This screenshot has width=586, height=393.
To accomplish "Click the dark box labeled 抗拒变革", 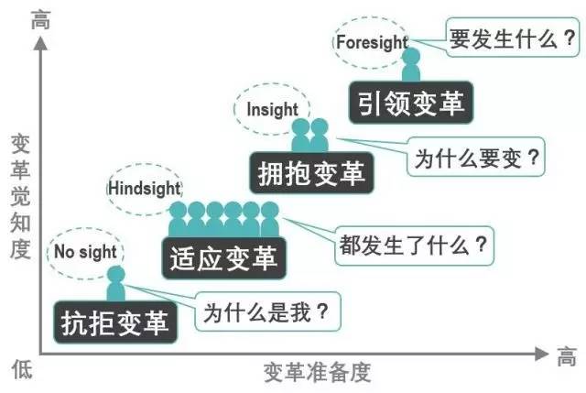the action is click(115, 322).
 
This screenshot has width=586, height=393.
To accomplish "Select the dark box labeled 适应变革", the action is click(224, 258).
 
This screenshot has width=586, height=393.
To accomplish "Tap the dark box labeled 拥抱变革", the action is click(311, 173).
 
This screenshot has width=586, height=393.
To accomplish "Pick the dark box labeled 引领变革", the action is click(411, 103).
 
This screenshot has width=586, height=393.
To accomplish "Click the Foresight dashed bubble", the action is click(371, 42).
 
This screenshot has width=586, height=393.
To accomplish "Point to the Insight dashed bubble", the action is click(272, 109).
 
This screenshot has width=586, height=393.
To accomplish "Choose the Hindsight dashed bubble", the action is click(145, 189).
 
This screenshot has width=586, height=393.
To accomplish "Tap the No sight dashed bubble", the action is click(85, 253).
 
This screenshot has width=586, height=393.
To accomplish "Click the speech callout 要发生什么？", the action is click(513, 38).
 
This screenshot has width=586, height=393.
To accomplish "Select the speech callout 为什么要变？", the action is click(476, 157).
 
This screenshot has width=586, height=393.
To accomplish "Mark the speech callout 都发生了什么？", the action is click(415, 246).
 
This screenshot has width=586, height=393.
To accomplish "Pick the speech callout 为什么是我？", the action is click(267, 311).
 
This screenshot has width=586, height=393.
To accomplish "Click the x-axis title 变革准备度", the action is click(318, 373).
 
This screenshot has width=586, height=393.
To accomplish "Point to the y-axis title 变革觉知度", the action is click(20, 196).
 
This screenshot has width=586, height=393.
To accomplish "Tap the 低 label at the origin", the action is click(22, 369).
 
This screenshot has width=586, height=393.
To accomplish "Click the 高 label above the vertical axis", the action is click(40, 20).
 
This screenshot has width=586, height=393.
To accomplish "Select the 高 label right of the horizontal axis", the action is click(567, 356).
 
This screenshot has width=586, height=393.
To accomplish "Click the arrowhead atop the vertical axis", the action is click(40, 43).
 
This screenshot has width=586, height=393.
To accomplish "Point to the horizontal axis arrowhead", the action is click(541, 354).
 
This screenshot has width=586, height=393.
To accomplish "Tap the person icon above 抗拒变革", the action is click(116, 284).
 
